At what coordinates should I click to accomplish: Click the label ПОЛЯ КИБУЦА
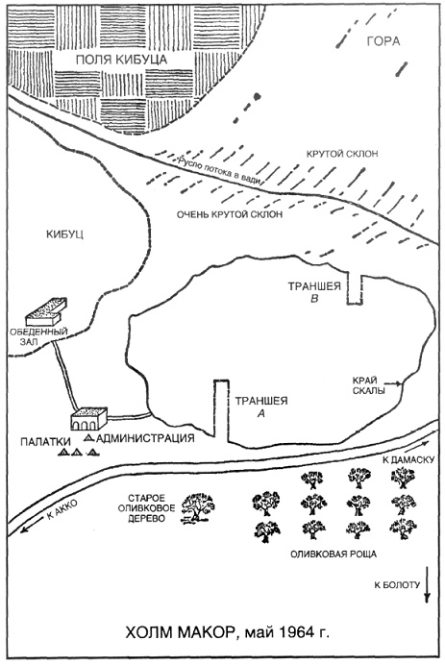point(121,60)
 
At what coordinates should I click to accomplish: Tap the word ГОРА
point(383,41)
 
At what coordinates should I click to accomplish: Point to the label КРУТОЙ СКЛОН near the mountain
point(342,154)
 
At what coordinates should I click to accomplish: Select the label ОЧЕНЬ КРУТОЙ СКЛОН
point(230,214)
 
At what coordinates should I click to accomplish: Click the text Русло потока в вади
point(219,170)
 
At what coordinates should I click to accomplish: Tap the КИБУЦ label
point(65,234)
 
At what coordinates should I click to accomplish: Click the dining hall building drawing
point(46,311)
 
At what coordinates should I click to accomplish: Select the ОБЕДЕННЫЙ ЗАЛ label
point(38,336)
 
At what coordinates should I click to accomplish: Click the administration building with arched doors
point(88,419)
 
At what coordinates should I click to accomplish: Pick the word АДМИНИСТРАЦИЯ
point(145,438)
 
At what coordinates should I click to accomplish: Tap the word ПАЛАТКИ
point(45,442)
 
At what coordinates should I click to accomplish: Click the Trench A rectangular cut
point(221,410)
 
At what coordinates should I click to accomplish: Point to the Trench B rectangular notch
point(355,289)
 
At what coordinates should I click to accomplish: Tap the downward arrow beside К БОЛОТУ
point(427,585)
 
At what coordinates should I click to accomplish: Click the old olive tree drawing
point(198,508)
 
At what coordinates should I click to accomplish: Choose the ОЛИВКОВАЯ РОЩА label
point(334,554)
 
